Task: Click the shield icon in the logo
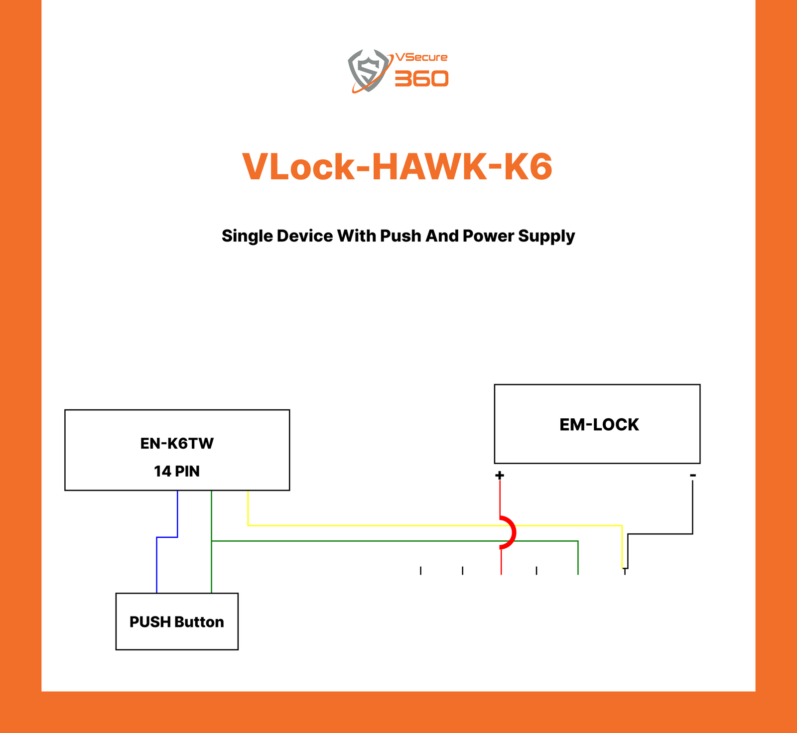[369, 71]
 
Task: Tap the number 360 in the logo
[421, 79]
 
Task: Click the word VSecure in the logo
[421, 57]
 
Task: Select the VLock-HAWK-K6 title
[398, 167]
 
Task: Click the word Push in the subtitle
[401, 236]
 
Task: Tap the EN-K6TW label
[177, 443]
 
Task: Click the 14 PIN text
[177, 471]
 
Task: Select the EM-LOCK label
[599, 425]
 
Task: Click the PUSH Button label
[177, 622]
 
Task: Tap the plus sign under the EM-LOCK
[500, 475]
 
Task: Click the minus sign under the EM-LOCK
[693, 476]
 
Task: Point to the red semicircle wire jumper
[512, 533]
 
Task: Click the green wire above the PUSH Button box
[212, 568]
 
